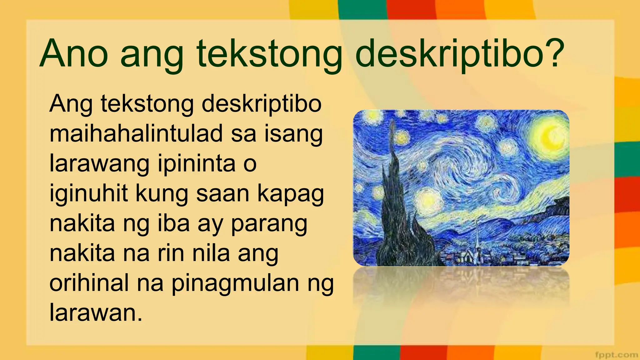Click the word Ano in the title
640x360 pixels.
click(74, 54)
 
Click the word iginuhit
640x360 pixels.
click(88, 194)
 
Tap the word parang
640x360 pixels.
click(269, 224)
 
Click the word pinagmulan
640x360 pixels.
click(235, 284)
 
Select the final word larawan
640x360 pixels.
click(96, 312)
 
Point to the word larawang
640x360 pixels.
click(99, 164)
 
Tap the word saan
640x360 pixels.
click(222, 194)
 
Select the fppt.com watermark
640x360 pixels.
click(616, 355)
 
